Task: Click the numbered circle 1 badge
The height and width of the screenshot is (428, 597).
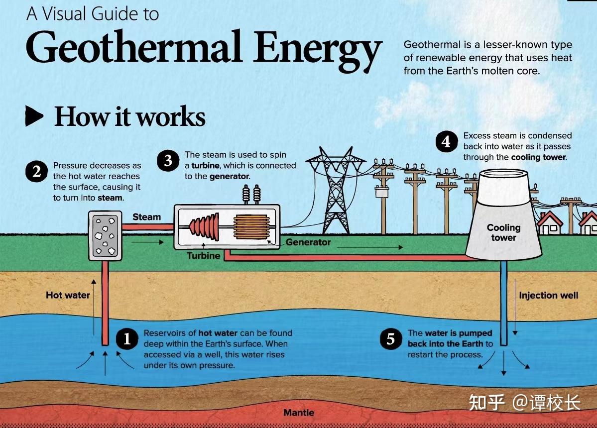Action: point(127,338)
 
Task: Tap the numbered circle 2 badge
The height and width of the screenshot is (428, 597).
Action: point(36,172)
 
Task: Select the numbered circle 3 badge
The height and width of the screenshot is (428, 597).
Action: point(168,160)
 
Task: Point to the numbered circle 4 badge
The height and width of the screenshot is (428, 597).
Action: point(447,141)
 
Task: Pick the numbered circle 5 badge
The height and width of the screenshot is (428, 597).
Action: point(391,338)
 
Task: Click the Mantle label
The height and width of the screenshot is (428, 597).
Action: point(299,413)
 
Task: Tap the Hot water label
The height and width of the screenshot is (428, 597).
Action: point(68,295)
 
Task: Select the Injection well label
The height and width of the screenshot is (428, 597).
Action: point(548,295)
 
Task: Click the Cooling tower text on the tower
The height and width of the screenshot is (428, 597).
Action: point(503,232)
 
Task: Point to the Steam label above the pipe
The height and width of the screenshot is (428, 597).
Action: point(146,217)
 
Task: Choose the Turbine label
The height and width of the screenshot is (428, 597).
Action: point(203,255)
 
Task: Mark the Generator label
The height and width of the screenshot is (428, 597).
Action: point(308,242)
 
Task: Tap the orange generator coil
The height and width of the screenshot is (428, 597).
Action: point(251,227)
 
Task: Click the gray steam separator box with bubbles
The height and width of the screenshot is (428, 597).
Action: point(106,236)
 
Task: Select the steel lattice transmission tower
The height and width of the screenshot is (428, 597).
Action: point(336,190)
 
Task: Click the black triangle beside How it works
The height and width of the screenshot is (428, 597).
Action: point(34,115)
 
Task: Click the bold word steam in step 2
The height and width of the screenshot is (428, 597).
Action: point(110,198)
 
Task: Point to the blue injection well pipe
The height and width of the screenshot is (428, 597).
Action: point(503,303)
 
